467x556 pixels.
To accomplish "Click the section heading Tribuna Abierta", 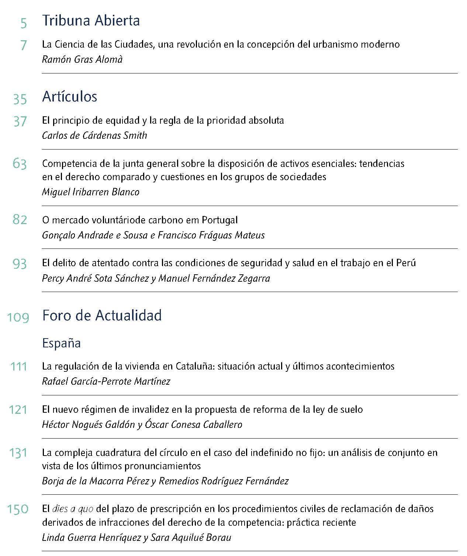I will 91,21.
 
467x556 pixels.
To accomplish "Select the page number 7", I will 23,45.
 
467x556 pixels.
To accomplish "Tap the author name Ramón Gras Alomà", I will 82,59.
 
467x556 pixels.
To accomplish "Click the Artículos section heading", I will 69,97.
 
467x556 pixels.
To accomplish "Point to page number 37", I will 20,121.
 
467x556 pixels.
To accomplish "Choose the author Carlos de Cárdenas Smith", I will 94,135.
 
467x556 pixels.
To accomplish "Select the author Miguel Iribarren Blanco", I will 91,192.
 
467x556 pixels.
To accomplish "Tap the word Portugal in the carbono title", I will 219,220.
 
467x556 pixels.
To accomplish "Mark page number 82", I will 20,220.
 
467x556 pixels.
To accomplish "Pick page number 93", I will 20,264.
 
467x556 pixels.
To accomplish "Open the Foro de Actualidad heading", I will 102,316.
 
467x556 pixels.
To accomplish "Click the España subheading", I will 61,343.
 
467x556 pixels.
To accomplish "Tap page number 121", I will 18,410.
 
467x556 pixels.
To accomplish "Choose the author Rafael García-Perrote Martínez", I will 106,381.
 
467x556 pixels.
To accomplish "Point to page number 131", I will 18,453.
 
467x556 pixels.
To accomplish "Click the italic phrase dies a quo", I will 73,509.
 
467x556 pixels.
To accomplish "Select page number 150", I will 18,509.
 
